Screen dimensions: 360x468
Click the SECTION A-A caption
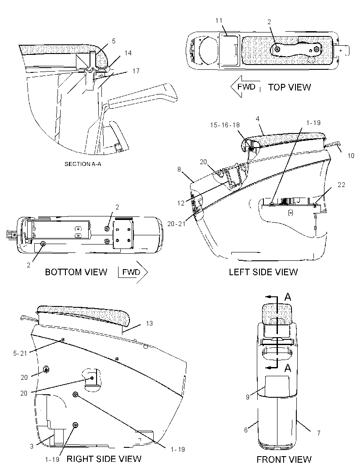(x=83, y=164)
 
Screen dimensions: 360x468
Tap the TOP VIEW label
(x=289, y=87)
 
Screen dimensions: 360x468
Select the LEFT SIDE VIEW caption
(x=263, y=272)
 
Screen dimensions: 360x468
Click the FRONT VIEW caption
(x=284, y=459)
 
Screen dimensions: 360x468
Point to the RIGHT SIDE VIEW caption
(x=104, y=459)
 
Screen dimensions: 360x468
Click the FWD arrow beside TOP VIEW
(x=245, y=86)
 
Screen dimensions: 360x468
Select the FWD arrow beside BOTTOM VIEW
(x=133, y=272)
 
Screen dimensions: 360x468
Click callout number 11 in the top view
(x=219, y=20)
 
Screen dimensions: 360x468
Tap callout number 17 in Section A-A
(x=136, y=71)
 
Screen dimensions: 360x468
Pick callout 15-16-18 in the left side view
(x=225, y=125)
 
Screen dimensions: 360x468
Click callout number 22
(x=341, y=185)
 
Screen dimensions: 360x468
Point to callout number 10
(x=351, y=155)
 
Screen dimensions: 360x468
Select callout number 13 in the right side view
(x=149, y=323)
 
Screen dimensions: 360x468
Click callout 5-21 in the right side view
(x=20, y=353)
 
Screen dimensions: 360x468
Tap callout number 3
(x=32, y=446)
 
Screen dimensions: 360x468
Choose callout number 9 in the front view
(x=248, y=397)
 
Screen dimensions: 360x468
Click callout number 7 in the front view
(x=318, y=433)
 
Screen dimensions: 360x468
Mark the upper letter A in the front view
(x=288, y=297)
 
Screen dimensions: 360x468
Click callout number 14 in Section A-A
(x=128, y=53)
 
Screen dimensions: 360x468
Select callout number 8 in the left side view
(x=179, y=169)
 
